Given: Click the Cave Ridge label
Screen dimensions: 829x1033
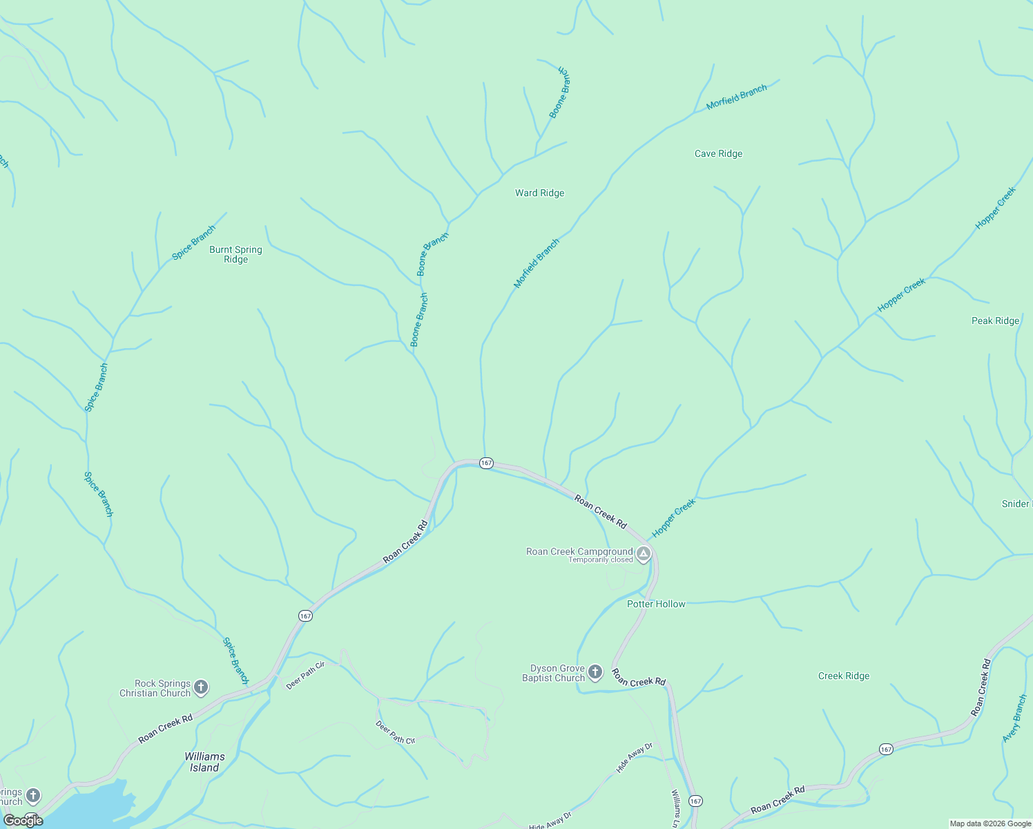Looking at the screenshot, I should [718, 153].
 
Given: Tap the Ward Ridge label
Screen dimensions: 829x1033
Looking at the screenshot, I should [539, 193].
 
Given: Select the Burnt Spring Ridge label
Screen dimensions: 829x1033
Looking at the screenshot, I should [235, 254].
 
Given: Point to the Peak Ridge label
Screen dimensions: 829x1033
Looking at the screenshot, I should [995, 321].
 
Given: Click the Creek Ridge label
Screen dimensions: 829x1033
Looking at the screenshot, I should [843, 676].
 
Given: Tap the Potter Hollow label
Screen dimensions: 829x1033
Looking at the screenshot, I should [656, 604].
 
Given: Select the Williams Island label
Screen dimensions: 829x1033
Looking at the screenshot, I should [204, 762].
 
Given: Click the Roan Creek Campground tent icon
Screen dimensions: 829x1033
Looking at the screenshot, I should [644, 554].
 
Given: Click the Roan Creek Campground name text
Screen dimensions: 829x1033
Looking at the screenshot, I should [579, 551].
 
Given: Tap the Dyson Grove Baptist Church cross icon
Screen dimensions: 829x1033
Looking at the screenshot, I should [595, 671].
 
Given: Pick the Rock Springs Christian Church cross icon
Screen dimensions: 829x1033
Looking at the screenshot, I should [201, 687].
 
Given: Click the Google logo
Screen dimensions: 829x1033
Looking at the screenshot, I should [23, 820].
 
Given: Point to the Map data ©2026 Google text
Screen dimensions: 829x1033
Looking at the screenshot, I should [989, 823].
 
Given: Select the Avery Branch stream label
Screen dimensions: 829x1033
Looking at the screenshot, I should [1014, 719].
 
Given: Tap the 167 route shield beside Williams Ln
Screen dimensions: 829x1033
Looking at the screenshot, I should [695, 801].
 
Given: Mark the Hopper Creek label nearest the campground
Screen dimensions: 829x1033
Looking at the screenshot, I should [673, 518].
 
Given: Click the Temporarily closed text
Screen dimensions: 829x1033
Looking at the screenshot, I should [600, 560].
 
